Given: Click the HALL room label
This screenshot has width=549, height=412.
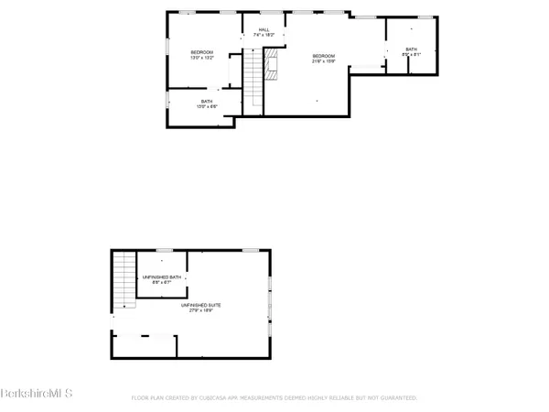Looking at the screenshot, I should (x=264, y=30).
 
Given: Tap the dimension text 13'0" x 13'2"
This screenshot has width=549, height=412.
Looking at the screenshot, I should (x=202, y=58).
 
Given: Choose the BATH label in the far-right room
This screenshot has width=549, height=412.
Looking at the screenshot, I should (x=411, y=49).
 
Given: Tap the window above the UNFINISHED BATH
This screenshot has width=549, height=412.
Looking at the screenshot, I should (x=165, y=249).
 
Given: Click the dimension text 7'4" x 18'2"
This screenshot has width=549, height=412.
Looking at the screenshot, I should (x=264, y=36).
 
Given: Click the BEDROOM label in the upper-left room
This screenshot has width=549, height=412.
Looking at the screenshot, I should (x=202, y=52).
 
